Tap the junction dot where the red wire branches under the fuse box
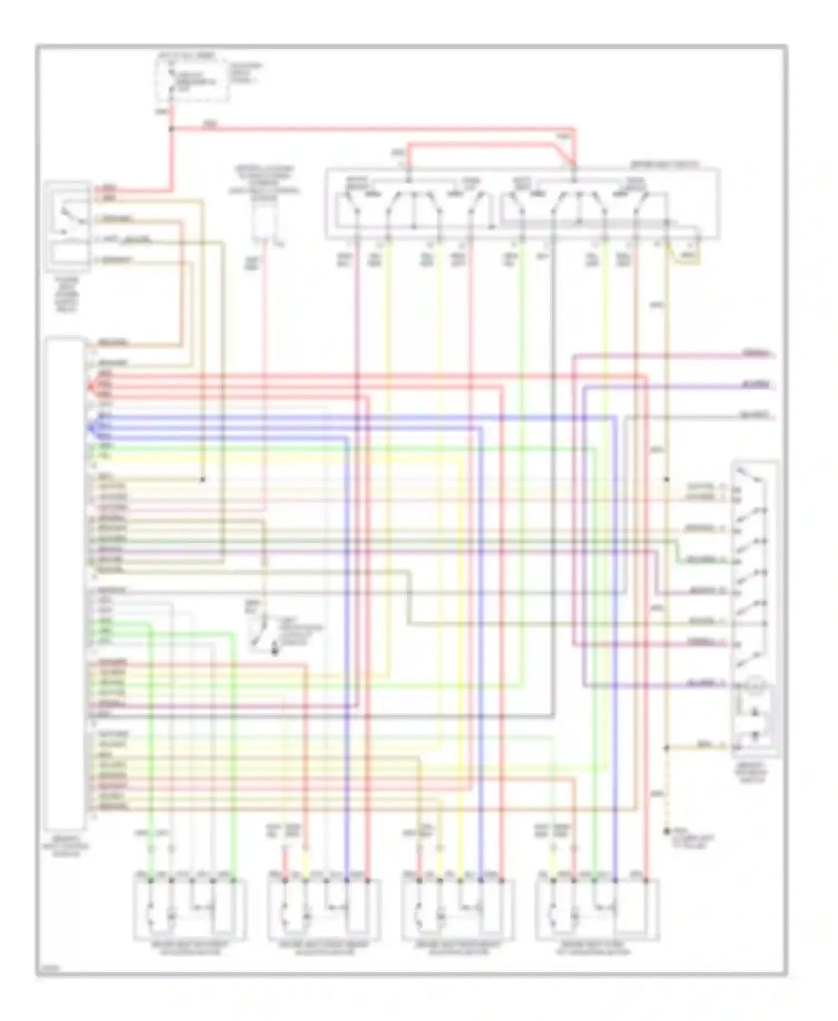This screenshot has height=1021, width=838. coord(172,129)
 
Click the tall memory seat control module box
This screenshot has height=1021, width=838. coord(65,584)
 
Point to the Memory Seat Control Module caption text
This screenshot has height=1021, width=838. coord(65,847)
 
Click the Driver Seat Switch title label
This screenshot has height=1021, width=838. coord(665,165)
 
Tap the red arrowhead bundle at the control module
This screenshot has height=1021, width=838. coord(91,385)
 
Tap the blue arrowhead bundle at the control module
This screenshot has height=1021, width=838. coord(91,428)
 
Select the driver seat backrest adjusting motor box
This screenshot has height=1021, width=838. coord(189,910)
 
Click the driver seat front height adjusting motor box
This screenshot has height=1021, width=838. coord(324,910)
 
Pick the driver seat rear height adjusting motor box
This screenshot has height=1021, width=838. coord(458,910)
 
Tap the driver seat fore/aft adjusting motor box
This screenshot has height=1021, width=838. coord(597,910)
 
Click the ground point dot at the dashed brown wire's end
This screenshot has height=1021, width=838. coord(666,832)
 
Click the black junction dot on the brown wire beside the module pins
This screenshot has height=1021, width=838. coord(203,480)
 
